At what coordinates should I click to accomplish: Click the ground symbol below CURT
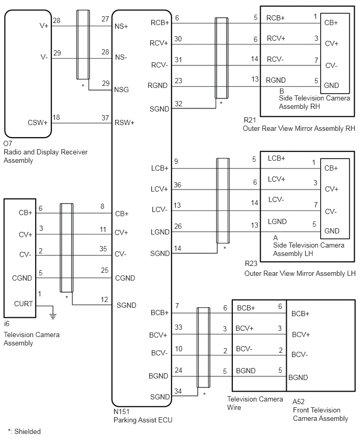pos(53,316)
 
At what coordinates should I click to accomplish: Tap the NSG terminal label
pos(121,90)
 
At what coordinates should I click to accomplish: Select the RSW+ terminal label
pos(124,122)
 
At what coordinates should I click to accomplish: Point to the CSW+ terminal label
pos(38,122)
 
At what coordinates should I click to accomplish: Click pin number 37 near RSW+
pos(105,118)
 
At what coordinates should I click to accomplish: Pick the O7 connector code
pos(8,143)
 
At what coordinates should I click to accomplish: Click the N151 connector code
pos(121,411)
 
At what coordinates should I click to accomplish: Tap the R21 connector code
pos(250,120)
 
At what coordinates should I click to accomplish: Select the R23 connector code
pos(251,264)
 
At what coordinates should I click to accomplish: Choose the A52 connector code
pos(298,402)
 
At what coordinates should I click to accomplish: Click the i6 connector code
pos(6,324)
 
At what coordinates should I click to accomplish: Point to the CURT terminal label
pos(24,304)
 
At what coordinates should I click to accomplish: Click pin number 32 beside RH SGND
pos(178,104)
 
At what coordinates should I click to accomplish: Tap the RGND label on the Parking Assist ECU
pos(157,86)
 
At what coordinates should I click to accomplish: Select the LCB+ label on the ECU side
pos(160,169)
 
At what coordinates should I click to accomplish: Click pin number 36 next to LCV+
pos(177,185)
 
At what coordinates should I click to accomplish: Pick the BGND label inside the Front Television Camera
pos(298,377)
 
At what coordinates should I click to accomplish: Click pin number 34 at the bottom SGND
pos(178,391)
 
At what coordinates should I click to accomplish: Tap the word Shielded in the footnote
pos(27,431)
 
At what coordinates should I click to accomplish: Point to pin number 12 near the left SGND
pos(104,299)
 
